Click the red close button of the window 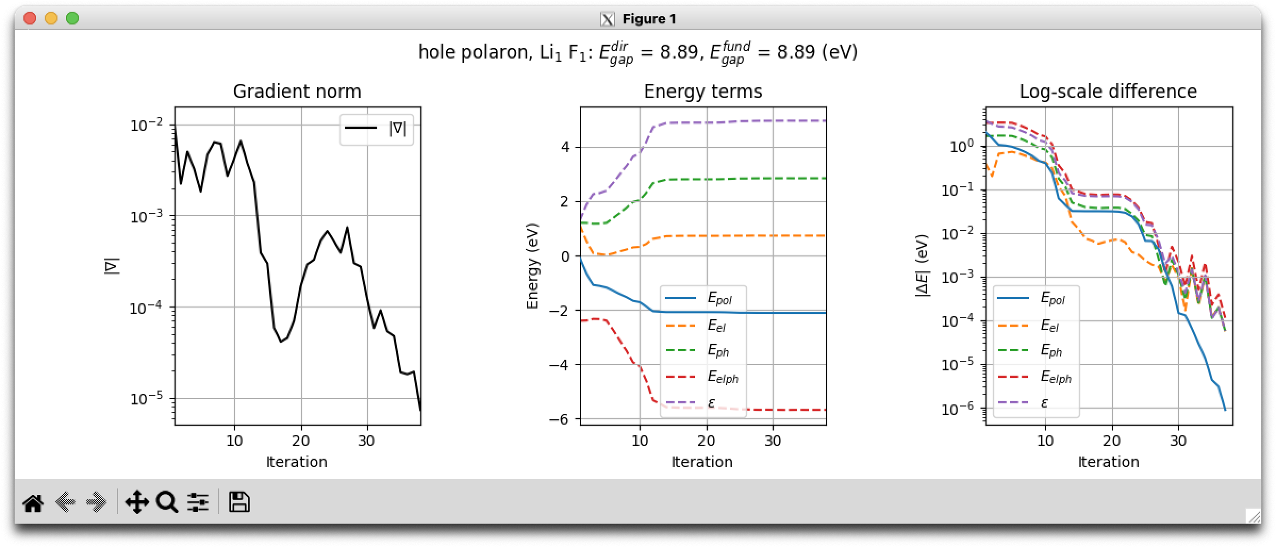coord(30,19)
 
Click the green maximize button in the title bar coord(72,19)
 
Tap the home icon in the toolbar coord(33,502)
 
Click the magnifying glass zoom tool coord(167,502)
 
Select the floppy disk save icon coord(239,502)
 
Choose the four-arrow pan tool coord(136,502)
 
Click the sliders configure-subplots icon coord(197,502)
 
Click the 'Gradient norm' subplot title coord(297,92)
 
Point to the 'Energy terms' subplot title coord(703,92)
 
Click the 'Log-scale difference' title coord(1108,92)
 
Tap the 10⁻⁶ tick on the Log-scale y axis coord(958,409)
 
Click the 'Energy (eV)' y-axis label coord(533,266)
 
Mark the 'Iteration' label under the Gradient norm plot coord(297,462)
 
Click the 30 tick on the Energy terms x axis coord(773,441)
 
